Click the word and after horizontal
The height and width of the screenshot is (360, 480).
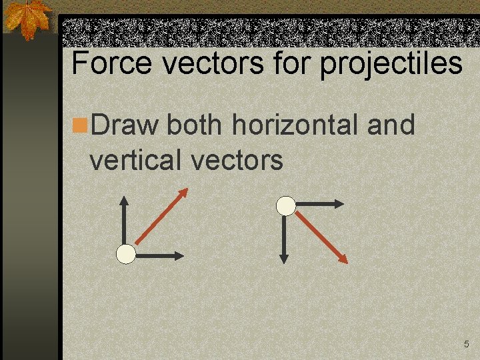click(390, 124)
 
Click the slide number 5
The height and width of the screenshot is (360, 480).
click(467, 344)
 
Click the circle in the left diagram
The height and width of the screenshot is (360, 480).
click(125, 254)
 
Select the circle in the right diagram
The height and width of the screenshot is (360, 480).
click(286, 206)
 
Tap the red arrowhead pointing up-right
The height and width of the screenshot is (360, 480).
click(183, 193)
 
